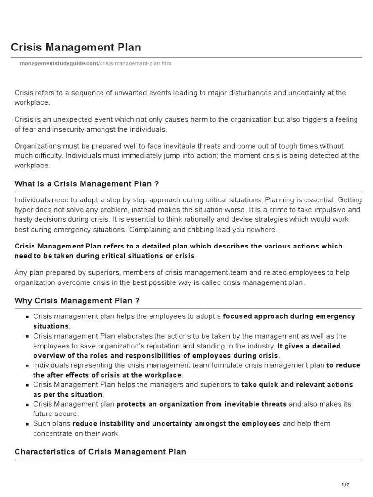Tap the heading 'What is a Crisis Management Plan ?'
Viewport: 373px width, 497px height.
[87, 184]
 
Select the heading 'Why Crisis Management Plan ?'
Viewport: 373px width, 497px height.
[77, 301]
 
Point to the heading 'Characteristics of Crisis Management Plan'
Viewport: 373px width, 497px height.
[100, 452]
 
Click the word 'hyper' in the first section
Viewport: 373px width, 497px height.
[24, 210]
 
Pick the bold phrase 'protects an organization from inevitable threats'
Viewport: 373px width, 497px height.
[202, 404]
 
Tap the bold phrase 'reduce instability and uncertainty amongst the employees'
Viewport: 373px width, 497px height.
[176, 423]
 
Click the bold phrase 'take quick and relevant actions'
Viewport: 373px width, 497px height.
[297, 384]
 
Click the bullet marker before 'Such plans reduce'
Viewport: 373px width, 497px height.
[28, 424]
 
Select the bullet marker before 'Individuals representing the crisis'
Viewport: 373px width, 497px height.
[28, 365]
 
